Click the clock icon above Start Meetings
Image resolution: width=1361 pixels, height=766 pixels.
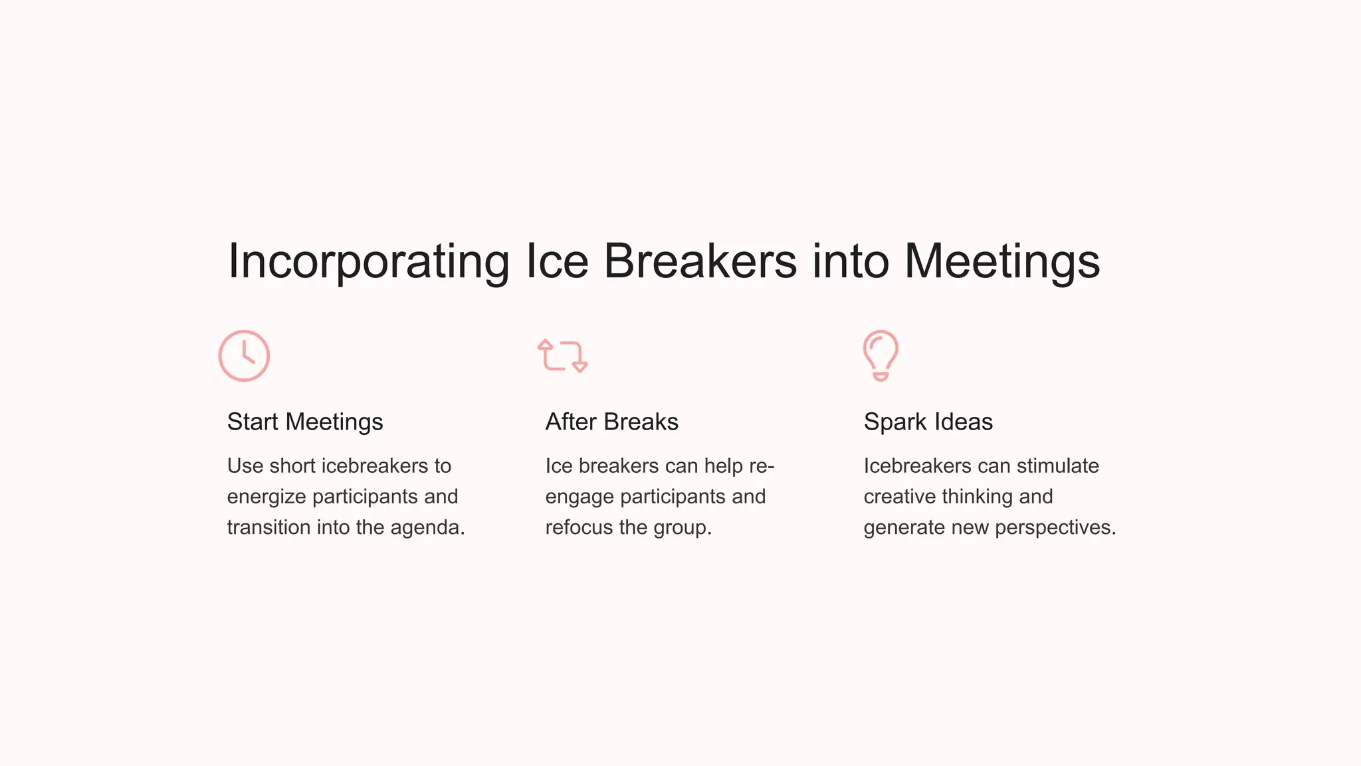pos(244,356)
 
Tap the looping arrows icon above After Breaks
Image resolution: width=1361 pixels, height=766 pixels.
pos(563,356)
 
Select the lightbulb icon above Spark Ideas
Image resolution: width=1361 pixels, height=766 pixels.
pos(881,356)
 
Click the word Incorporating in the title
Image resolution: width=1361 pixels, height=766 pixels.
pos(368,261)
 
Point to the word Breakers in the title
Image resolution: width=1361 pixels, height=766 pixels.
pos(700,261)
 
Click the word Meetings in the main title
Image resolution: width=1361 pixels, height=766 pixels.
pos(1001,261)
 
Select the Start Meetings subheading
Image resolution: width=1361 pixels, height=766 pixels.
pos(305,422)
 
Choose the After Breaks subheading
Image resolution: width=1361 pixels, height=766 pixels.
pos(611,422)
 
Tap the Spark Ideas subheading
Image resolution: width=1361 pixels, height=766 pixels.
pos(928,422)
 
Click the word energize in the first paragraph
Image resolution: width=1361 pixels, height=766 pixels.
pos(266,497)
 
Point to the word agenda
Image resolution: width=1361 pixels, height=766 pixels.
pos(427,528)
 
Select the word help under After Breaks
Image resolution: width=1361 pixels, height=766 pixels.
pos(723,466)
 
